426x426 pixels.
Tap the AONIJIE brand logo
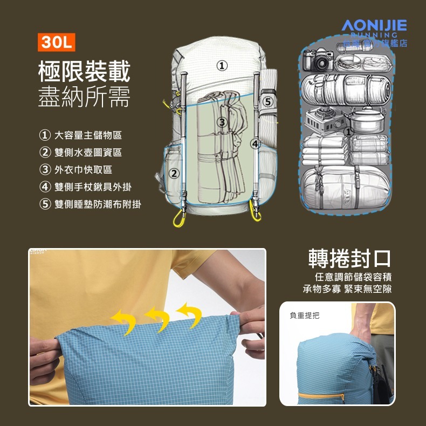(x=374, y=25)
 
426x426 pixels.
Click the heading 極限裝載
(x=84, y=71)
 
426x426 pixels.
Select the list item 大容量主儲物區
(x=88, y=135)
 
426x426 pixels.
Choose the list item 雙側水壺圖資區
(x=88, y=153)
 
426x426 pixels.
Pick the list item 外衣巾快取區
(x=83, y=170)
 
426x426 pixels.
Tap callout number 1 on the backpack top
(x=221, y=66)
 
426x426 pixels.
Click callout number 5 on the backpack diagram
(x=268, y=101)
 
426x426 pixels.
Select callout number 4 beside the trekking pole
(x=255, y=143)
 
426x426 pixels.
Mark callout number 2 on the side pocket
(x=174, y=173)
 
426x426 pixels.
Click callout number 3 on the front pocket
(x=221, y=122)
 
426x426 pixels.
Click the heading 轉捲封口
(x=349, y=258)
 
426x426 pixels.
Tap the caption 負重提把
(x=304, y=315)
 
